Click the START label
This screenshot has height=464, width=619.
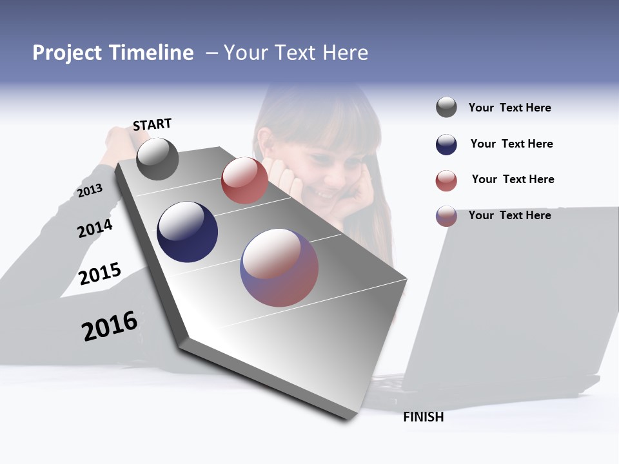pos(152,124)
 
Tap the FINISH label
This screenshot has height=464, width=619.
pos(423,417)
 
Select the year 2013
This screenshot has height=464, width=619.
pos(90,191)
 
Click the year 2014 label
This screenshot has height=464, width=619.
pos(95,228)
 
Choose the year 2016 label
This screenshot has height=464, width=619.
pos(110,325)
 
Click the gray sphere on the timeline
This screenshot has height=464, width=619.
pos(157,159)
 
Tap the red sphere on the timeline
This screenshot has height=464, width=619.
pos(244,180)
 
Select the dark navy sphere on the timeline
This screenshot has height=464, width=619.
pos(187,232)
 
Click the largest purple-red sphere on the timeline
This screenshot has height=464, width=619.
pos(279,267)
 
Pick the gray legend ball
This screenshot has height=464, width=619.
pos(446,108)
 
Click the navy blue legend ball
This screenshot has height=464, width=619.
pos(446,144)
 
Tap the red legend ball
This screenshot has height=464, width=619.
pos(446,180)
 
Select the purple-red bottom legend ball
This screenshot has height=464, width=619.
pos(446,216)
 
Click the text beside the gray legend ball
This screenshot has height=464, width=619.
pos(509,108)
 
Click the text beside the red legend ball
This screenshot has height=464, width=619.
pos(513,179)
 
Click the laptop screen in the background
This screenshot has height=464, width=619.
pos(516,290)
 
